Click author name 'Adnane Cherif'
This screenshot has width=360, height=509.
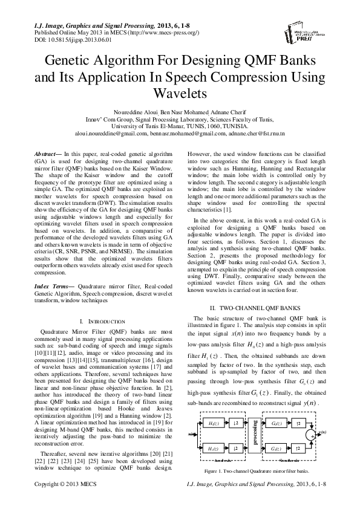230,112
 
